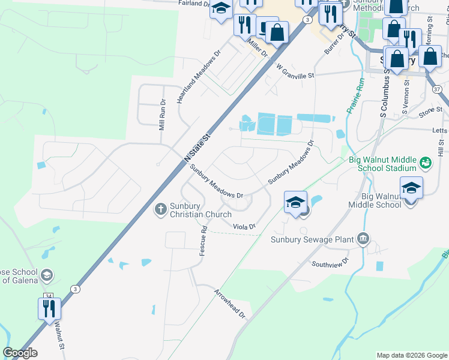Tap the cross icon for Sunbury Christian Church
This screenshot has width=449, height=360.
(x=160, y=209)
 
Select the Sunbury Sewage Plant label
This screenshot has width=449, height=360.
(x=312, y=240)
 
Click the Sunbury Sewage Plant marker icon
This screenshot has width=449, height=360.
(x=363, y=239)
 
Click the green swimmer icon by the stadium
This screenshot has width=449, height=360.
(x=426, y=163)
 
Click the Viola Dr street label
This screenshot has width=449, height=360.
(x=244, y=226)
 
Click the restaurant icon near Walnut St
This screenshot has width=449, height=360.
(x=49, y=310)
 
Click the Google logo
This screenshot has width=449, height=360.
(x=20, y=353)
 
